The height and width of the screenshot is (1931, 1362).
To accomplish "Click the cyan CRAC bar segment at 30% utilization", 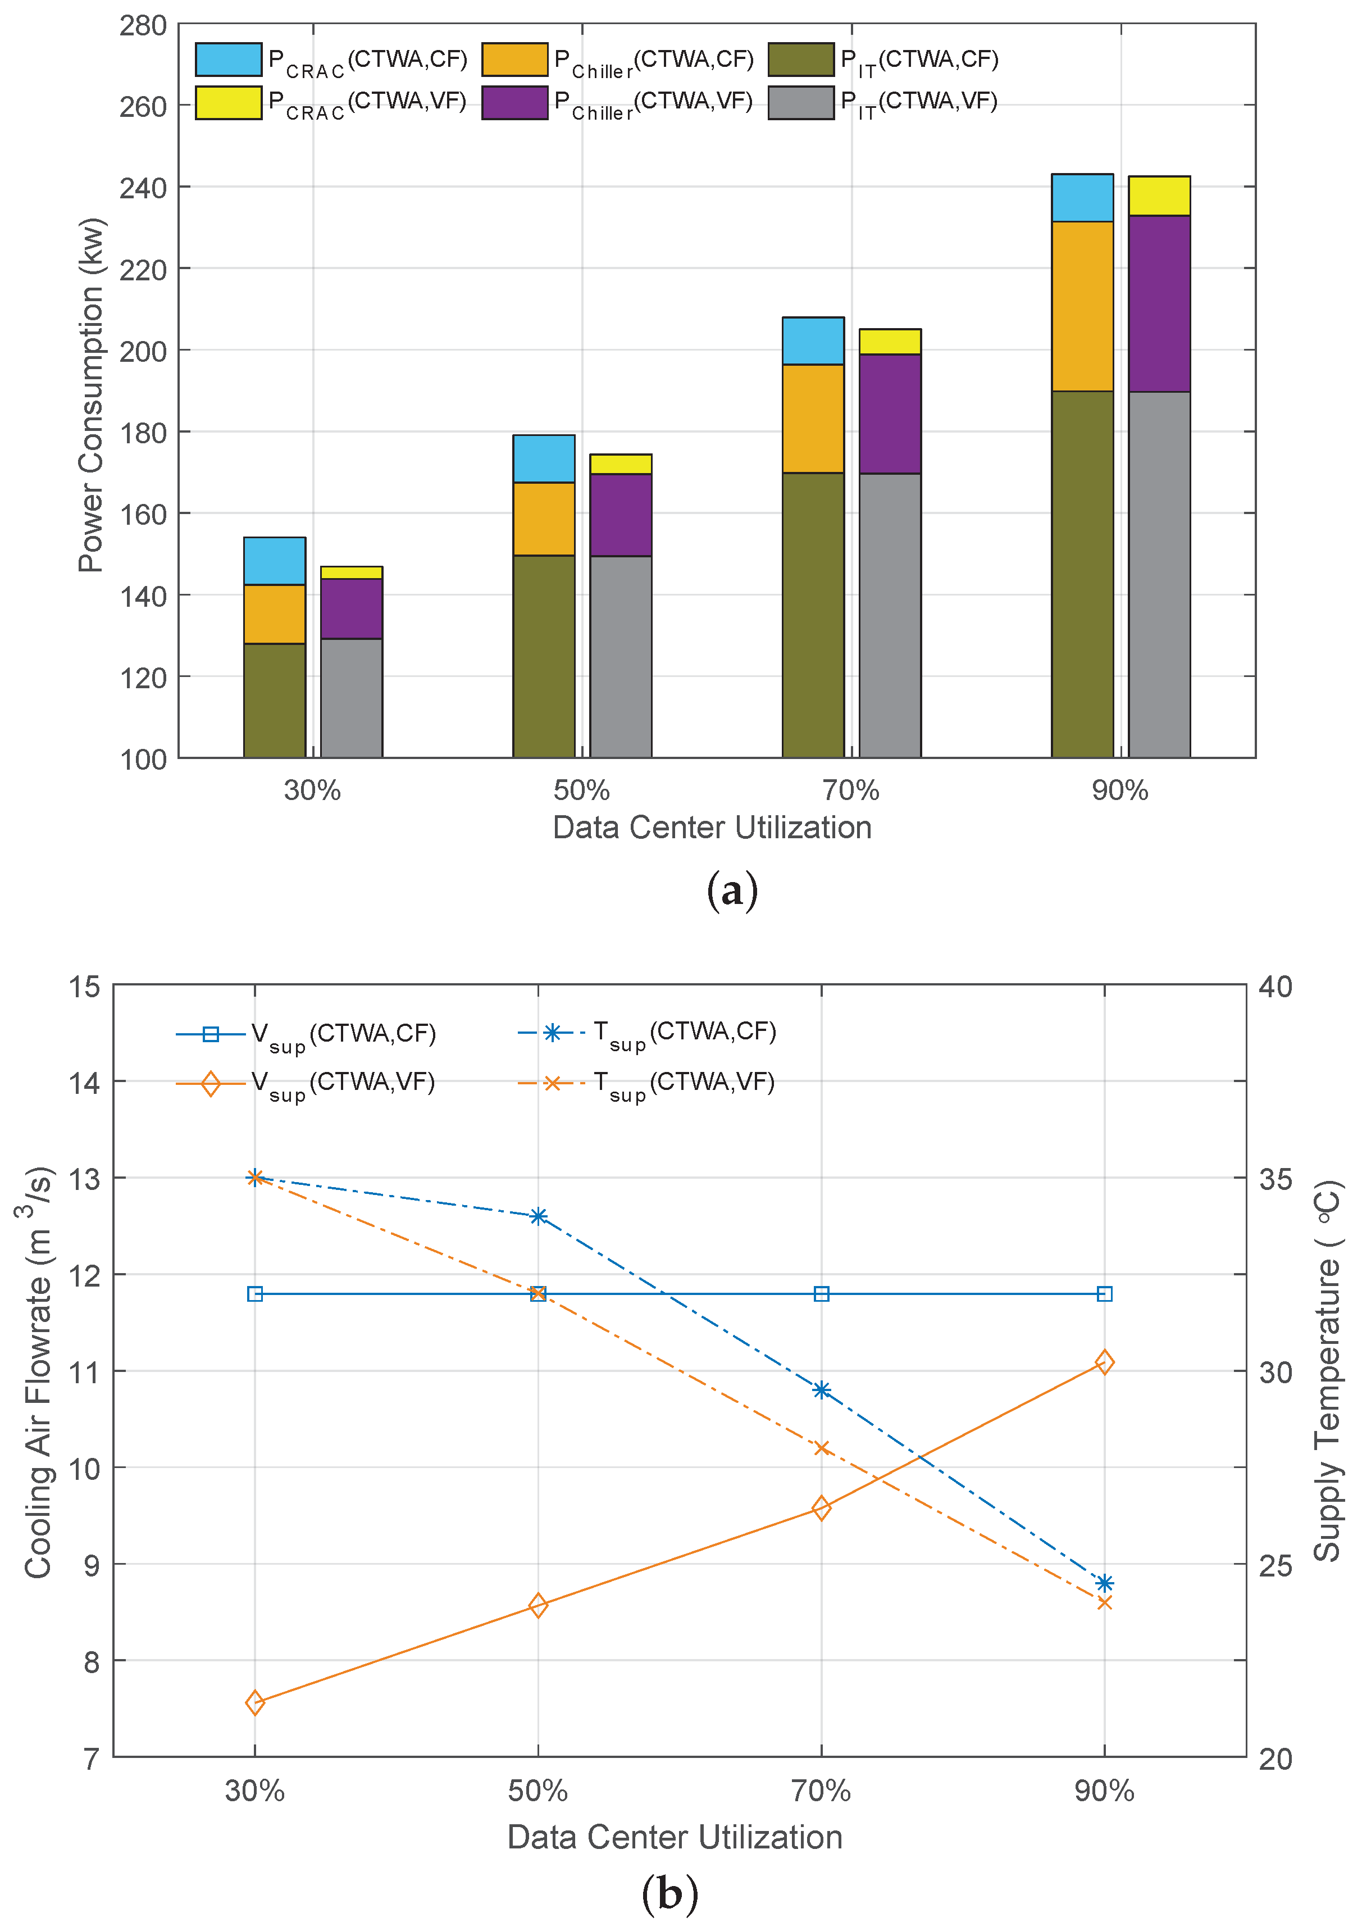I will pos(274,561).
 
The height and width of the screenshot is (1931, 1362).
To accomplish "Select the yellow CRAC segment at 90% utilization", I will pos(1159,196).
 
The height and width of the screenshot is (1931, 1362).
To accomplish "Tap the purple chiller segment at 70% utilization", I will pos(890,414).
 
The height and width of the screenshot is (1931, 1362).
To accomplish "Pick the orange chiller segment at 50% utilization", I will pos(544,519).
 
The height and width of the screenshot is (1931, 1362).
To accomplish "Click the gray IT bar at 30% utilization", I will pos(352,698).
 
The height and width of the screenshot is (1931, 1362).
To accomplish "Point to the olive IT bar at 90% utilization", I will pos(1082,574).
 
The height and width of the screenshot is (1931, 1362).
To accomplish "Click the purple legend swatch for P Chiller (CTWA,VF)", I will pos(514,103).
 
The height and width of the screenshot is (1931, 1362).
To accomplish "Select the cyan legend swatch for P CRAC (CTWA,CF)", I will pos(228,60).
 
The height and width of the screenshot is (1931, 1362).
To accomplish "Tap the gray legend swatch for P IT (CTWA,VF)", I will pos(800,103).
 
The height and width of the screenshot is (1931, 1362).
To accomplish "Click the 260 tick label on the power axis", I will pos(143,107).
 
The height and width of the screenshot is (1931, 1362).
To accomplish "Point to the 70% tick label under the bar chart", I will pos(851,790).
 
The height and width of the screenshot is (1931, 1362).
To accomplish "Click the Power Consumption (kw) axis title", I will pos(91,396).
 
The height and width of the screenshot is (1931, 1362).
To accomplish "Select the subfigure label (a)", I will pos(732,890).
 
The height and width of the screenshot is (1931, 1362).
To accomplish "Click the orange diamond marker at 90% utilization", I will pos(1105,1362).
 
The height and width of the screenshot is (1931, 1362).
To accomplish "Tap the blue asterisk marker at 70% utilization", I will pos(821,1390).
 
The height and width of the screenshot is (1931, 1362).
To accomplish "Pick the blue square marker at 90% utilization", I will pos(1105,1293).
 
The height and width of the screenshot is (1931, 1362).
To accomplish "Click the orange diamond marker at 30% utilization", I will pos(256,1703).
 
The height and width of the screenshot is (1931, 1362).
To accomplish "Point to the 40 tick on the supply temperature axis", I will pos(1274,987).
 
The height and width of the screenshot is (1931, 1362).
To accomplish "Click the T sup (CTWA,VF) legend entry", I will pos(648,1083).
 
